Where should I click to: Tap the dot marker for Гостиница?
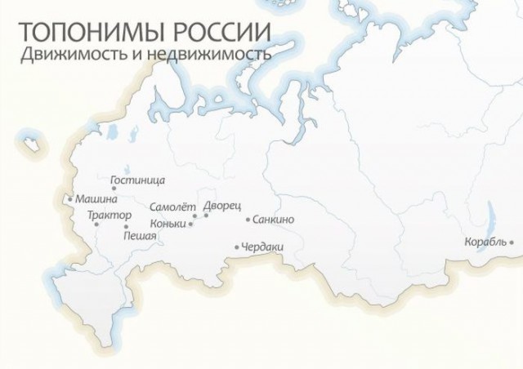pos(114,189)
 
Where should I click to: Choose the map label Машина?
pos(96,198)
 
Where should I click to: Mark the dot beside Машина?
pos(71,198)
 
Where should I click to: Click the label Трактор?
pos(109,216)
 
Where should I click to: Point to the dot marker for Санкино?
pos(248,220)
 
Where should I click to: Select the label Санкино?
pos(274,220)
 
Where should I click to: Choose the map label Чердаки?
pos(263,247)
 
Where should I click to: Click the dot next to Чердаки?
pos(237,247)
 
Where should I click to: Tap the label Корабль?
pos(485,242)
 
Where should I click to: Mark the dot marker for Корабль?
pos(512,242)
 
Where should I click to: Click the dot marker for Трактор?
pos(96,224)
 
